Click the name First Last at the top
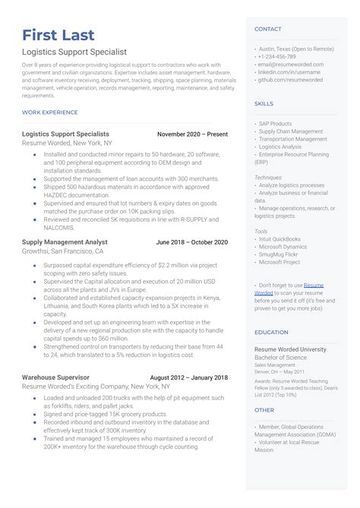pos(58,36)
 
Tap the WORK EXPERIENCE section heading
pos(50,112)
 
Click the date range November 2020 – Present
pos(192,134)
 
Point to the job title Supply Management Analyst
pos(65,242)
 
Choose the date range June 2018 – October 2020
pos(191,242)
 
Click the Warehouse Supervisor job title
pos(55,377)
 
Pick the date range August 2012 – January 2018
pos(188,377)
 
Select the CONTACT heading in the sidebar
pos(268,30)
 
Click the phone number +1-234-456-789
pos(277,57)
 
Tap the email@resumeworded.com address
pos(291,65)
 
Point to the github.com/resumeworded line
pos(291,80)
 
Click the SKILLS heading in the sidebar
pos(264,104)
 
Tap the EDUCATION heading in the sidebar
pos(271,333)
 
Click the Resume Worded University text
pos(290,349)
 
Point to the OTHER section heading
pos(264,410)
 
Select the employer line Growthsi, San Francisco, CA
pos(62,251)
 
